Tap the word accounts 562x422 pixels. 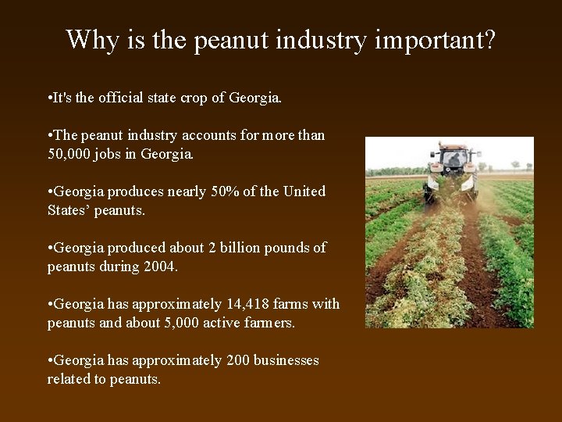209,135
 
